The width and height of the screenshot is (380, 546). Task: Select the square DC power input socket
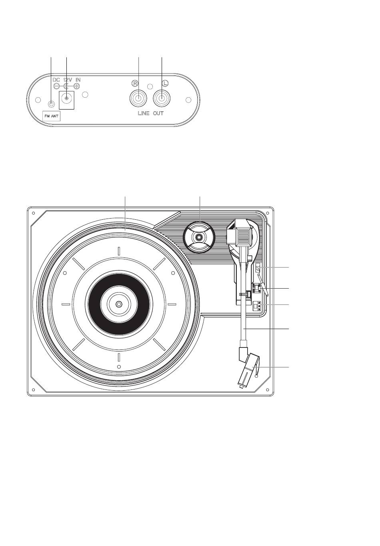(66, 99)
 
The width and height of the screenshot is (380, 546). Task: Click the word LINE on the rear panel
(144, 114)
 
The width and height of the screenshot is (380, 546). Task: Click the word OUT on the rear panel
(158, 114)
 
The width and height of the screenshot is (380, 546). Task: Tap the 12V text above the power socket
(67, 80)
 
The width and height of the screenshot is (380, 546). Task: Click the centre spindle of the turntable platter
(119, 304)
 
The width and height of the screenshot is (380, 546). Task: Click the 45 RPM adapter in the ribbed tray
(198, 237)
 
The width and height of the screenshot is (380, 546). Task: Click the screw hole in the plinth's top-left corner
(34, 213)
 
